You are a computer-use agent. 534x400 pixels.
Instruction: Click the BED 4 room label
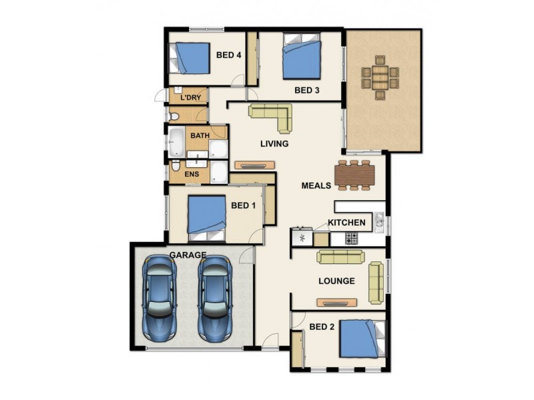(x=229, y=55)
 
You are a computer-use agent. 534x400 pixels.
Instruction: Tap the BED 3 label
(x=308, y=91)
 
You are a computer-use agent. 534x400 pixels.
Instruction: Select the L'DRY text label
(x=190, y=98)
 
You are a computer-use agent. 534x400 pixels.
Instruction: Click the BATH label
(x=200, y=135)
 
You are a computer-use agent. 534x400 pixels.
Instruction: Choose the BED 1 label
(x=243, y=205)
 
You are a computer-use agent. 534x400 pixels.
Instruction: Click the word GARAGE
(x=187, y=255)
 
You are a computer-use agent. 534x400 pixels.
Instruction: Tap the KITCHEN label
(x=346, y=223)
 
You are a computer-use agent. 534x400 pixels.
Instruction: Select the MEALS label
(x=316, y=185)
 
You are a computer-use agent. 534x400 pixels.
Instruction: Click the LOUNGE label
(x=336, y=281)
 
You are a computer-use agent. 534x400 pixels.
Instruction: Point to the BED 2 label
(x=322, y=327)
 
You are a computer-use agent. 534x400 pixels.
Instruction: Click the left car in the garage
(x=161, y=297)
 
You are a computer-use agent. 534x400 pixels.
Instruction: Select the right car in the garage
(x=214, y=297)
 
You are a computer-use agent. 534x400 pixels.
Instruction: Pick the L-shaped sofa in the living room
(x=274, y=115)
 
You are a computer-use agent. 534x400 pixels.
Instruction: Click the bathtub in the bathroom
(x=177, y=141)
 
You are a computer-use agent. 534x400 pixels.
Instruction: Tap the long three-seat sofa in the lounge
(x=339, y=257)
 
